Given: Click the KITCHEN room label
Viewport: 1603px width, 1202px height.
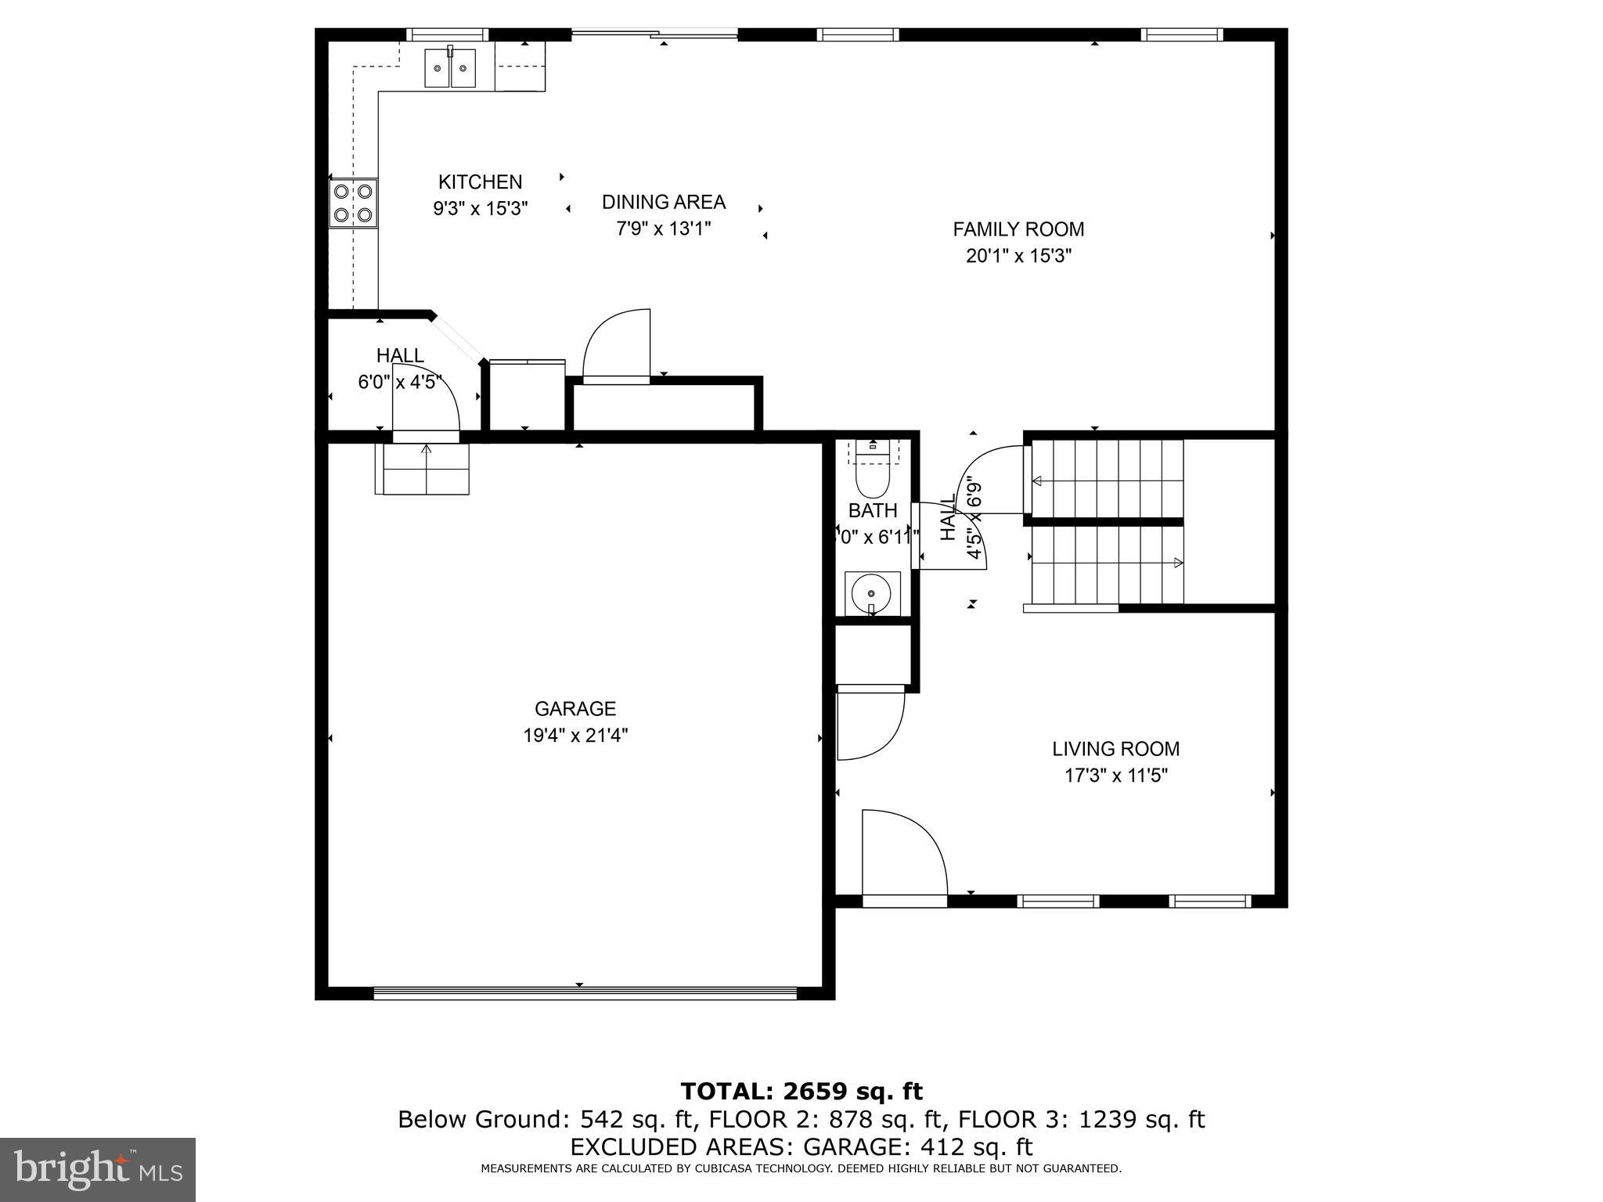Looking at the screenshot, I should click(x=480, y=182).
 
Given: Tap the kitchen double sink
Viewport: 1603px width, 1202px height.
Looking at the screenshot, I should click(x=450, y=69).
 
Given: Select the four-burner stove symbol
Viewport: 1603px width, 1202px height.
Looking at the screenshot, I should click(x=353, y=203).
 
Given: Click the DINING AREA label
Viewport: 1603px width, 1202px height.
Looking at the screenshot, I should click(x=663, y=203).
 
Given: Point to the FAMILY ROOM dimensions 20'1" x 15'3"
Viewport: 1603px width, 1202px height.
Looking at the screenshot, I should click(x=1018, y=257).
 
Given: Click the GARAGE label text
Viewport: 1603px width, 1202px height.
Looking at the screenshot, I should click(x=575, y=709).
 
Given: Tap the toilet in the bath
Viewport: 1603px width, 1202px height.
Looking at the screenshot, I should click(x=874, y=473).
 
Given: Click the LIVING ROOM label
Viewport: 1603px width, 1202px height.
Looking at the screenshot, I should click(x=1115, y=749).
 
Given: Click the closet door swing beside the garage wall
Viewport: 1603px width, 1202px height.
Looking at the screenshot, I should click(x=869, y=724).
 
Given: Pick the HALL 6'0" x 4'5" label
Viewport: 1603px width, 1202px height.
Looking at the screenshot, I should click(x=400, y=369).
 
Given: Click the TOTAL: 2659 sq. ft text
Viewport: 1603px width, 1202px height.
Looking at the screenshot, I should click(x=801, y=1091).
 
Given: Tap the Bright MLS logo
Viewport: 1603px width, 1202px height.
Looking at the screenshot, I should click(x=98, y=1170).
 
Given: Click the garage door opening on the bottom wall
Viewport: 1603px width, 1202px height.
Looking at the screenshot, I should click(x=585, y=993).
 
